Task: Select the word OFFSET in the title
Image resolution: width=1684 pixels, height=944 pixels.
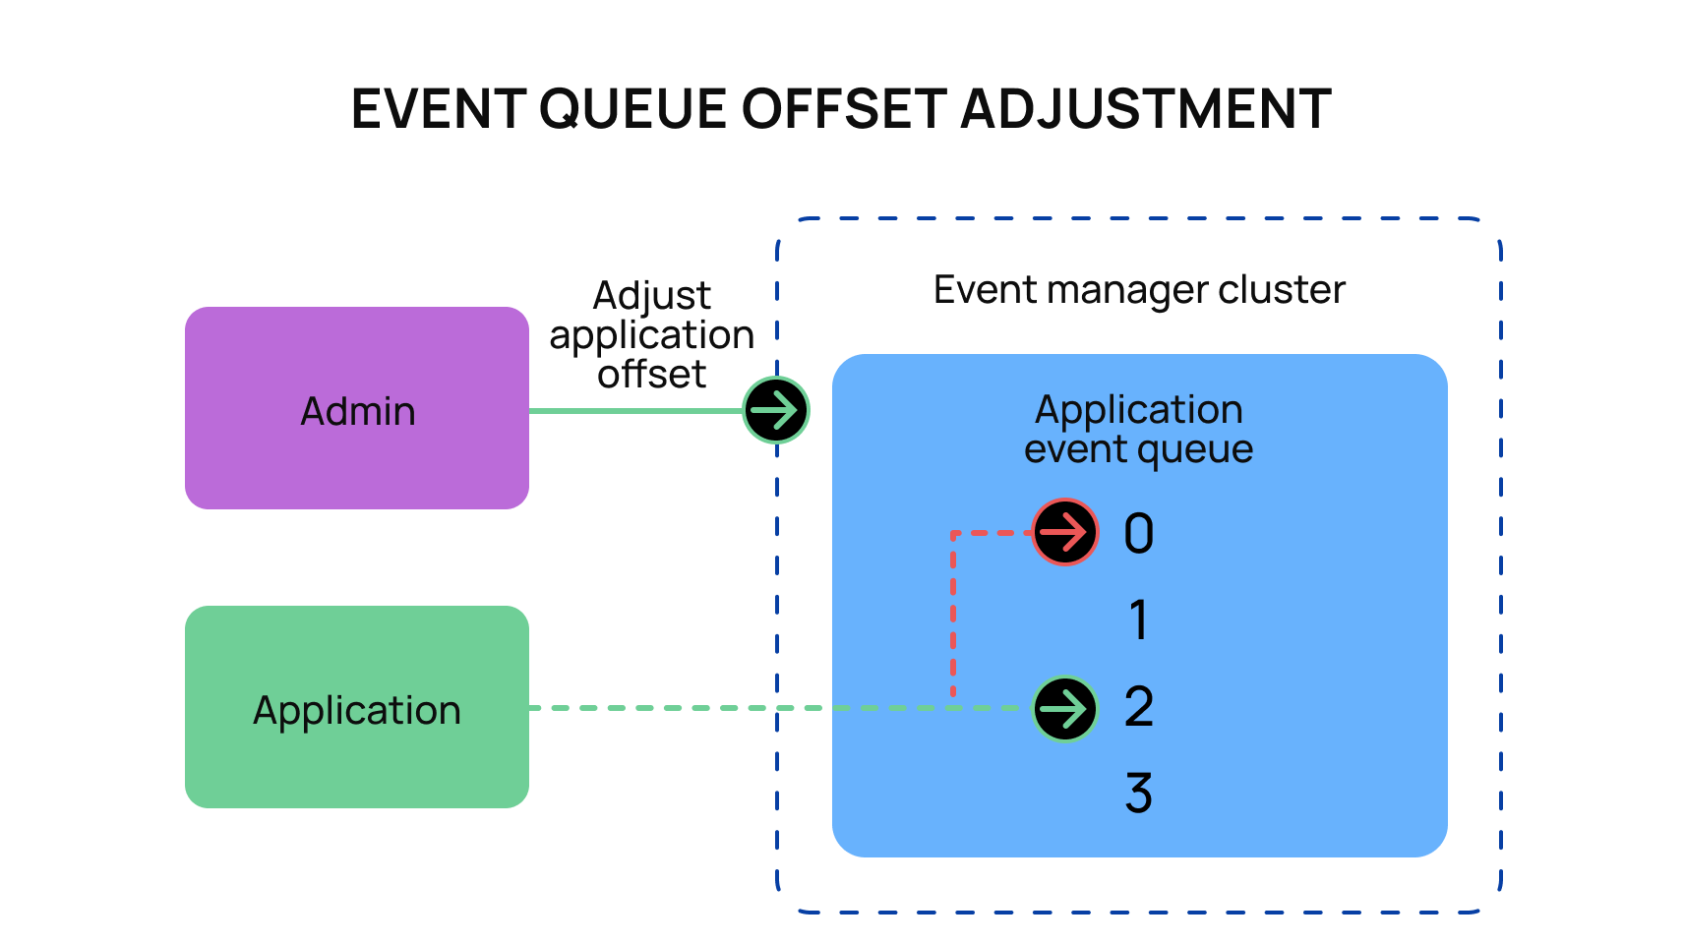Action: [x=844, y=109]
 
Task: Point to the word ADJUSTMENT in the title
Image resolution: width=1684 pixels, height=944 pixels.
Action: [x=1147, y=109]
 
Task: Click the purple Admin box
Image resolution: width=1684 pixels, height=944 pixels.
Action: [x=357, y=408]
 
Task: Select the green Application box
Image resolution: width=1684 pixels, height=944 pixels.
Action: [x=357, y=707]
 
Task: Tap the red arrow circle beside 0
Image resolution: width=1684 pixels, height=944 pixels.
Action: [x=1065, y=532]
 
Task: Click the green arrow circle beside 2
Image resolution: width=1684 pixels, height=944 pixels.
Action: [x=1065, y=709]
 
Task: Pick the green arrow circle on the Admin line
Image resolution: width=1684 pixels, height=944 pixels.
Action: [x=776, y=410]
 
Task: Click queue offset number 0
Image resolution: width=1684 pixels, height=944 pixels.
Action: [x=1139, y=534]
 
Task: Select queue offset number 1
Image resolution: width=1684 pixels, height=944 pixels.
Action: [x=1139, y=620]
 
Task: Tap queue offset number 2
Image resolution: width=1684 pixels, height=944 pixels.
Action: [x=1139, y=707]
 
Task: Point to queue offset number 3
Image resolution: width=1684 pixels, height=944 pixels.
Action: [x=1139, y=793]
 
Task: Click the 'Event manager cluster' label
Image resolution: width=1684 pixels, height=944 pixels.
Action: [x=1139, y=290]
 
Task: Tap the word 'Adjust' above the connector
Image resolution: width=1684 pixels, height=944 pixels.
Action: [x=652, y=296]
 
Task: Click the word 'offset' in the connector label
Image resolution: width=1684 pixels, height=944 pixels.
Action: [x=652, y=375]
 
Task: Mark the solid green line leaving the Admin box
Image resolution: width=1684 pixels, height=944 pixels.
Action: [x=636, y=411]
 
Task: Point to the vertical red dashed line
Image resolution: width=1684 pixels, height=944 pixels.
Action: [x=953, y=614]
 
